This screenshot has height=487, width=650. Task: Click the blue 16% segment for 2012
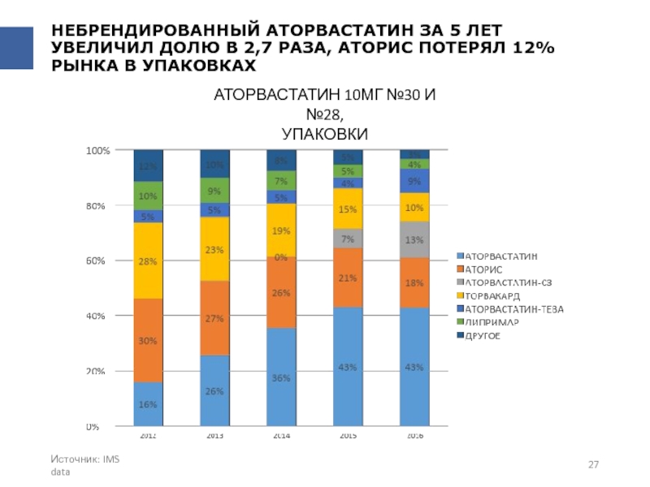(x=148, y=403)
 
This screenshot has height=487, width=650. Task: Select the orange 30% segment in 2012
(x=148, y=341)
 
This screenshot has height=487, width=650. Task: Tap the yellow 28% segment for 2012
(x=148, y=261)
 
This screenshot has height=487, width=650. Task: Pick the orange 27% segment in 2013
(x=214, y=318)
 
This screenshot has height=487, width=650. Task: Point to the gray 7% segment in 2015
(x=348, y=239)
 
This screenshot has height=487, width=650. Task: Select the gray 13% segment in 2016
(x=414, y=239)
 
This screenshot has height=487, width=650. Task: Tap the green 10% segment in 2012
(x=148, y=196)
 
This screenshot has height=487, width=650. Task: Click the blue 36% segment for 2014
(x=281, y=377)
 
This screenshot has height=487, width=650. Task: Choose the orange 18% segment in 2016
(x=414, y=282)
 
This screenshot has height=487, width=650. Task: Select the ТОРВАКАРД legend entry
(x=494, y=296)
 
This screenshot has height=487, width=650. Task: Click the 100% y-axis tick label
(x=97, y=151)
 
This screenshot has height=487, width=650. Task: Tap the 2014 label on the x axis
(x=281, y=436)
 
